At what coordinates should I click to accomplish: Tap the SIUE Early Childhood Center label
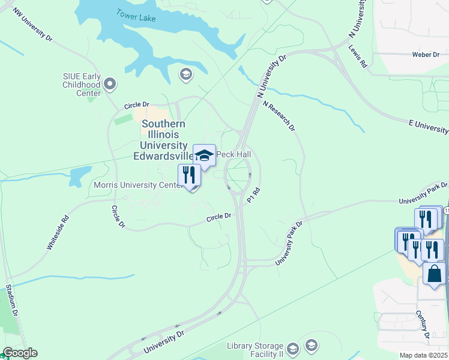coord(82,85)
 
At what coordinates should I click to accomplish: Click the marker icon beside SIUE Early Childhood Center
coord(110,85)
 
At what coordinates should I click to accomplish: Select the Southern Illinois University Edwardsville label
coord(163,140)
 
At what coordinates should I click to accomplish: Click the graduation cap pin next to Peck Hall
coord(204,155)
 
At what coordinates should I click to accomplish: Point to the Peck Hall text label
coord(234,155)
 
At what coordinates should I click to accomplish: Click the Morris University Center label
coord(138,185)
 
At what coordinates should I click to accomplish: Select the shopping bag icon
coord(434,274)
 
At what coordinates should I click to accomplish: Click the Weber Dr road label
coord(426,55)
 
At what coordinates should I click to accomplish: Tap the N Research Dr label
coord(279,115)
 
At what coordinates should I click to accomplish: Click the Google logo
coord(20,353)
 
